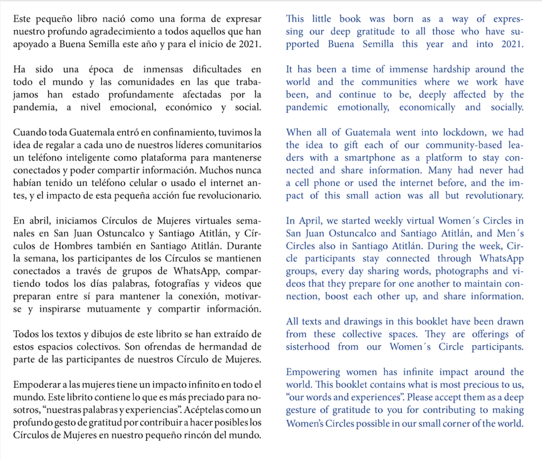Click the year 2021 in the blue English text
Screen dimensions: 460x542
511,44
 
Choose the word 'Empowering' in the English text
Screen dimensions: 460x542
313,372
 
